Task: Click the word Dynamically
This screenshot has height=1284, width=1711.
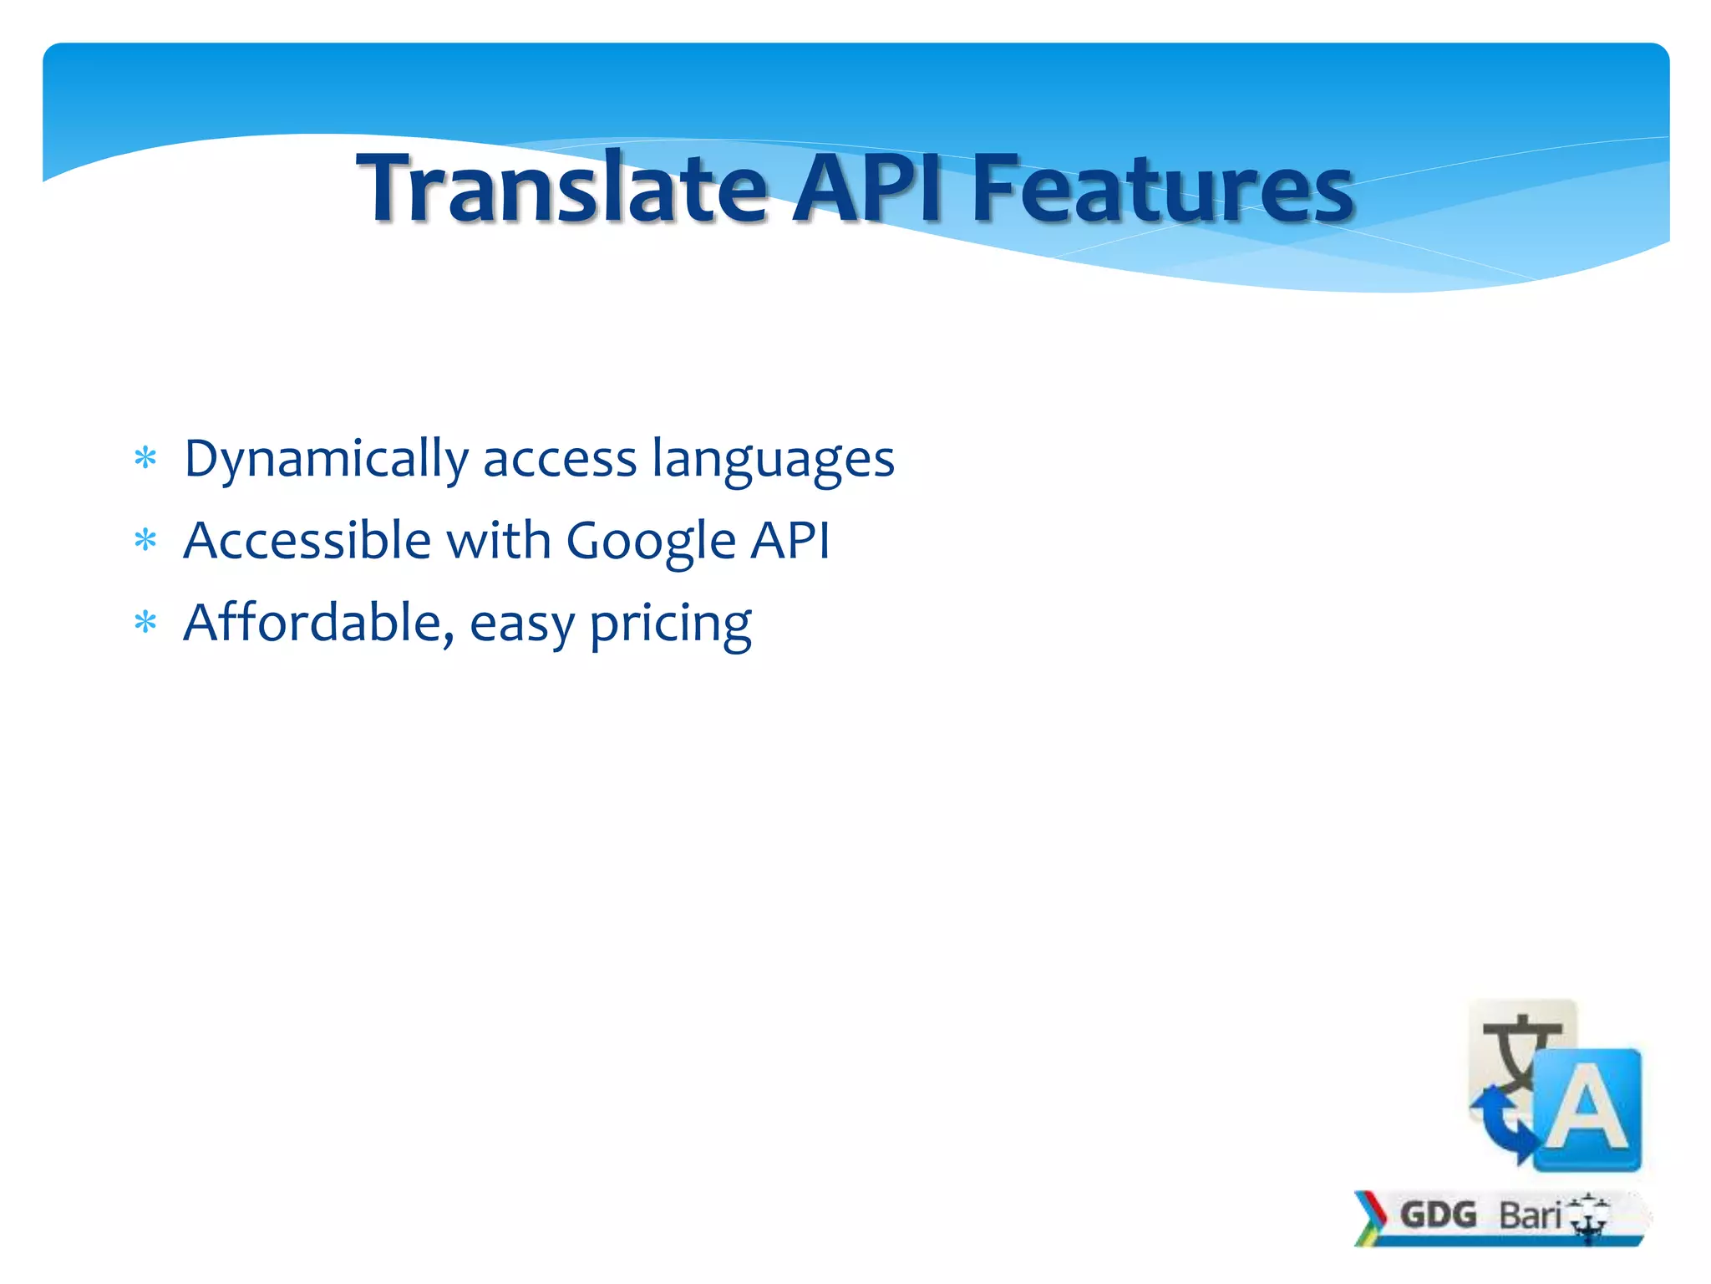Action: coord(326,460)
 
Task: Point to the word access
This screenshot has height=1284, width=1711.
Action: coord(560,460)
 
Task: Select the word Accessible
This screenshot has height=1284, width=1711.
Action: coord(307,540)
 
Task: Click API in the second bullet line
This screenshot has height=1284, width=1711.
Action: coord(789,540)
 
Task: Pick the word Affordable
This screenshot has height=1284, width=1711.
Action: coord(318,622)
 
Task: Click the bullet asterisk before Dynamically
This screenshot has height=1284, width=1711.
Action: coord(145,459)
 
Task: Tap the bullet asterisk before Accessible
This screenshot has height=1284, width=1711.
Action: coord(145,541)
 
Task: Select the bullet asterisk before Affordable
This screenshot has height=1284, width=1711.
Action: coord(145,623)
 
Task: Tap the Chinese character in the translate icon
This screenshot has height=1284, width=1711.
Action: coord(1516,1049)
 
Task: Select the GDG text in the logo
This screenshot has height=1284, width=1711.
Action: coord(1438,1215)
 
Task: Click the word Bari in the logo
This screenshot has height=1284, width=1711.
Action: coord(1529,1215)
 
